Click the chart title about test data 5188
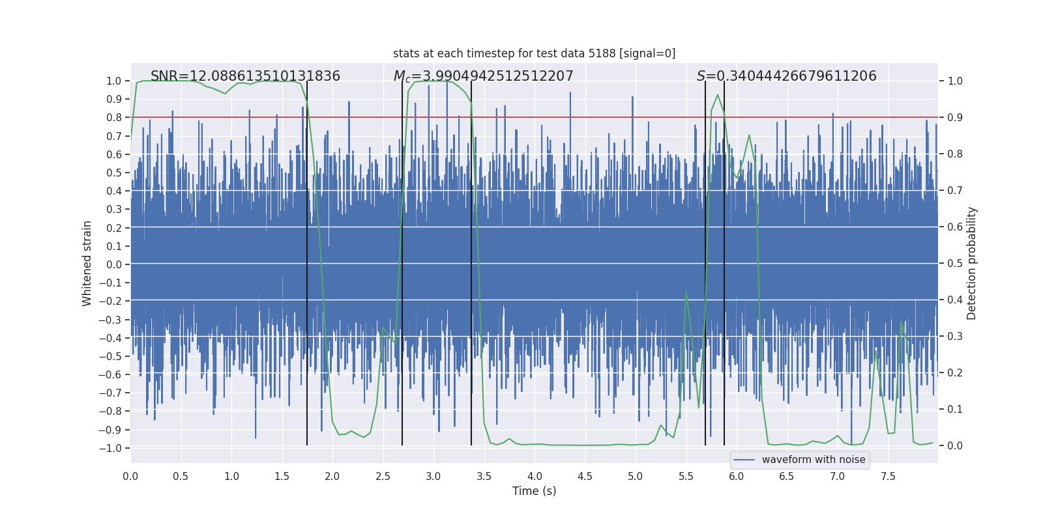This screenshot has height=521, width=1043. point(534,53)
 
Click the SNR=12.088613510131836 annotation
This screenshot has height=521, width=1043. point(245,76)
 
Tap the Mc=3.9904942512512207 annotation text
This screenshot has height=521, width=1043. point(483,76)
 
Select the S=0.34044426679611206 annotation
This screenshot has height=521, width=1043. point(786,76)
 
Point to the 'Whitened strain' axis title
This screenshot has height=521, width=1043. point(87,263)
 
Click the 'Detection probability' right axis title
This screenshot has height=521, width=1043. point(971,263)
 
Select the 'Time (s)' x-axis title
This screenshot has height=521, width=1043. point(534,491)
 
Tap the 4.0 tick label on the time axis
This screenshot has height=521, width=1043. point(535,476)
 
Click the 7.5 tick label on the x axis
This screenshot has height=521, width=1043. point(888,476)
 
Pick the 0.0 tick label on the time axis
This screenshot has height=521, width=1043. point(130,476)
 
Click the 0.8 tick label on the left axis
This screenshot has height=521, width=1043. point(113,118)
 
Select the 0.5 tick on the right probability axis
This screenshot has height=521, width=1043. point(954,263)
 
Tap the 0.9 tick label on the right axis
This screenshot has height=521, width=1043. point(954,118)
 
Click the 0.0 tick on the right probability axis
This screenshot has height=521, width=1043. point(954,445)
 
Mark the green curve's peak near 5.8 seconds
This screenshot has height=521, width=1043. point(718,95)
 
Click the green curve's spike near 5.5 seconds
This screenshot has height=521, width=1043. point(686,292)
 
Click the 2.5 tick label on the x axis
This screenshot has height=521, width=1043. point(383,476)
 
